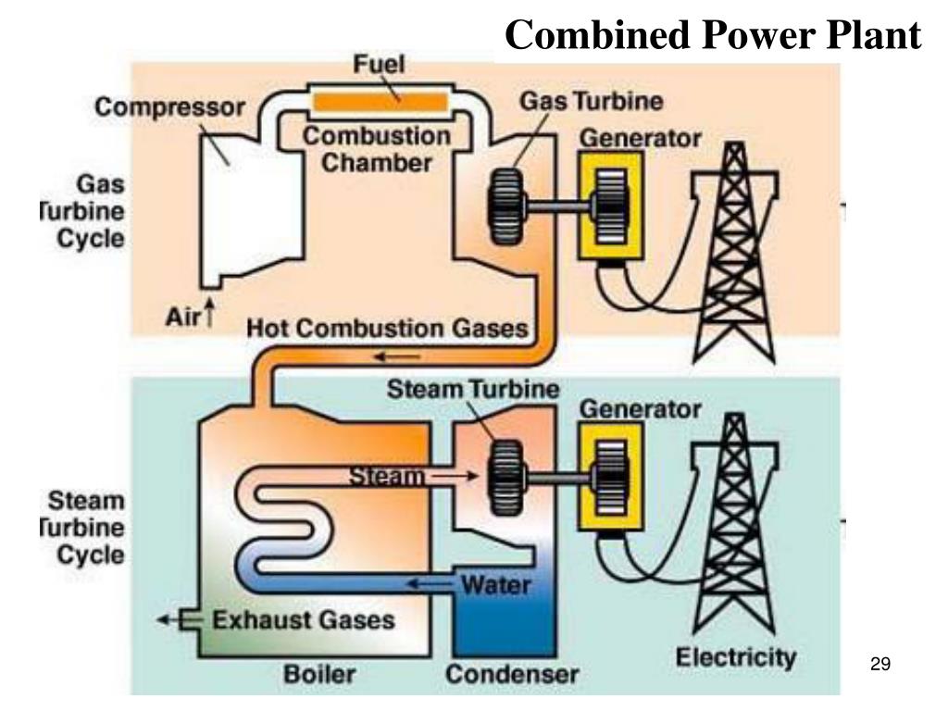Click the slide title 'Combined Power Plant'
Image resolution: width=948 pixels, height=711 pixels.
click(713, 36)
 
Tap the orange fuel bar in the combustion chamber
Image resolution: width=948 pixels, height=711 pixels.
click(381, 100)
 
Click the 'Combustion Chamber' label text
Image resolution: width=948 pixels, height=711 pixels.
click(378, 150)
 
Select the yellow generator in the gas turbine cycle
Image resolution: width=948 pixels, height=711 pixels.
click(611, 206)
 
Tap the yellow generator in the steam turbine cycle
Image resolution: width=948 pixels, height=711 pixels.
click(611, 476)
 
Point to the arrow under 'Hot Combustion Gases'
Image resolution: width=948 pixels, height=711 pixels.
click(396, 357)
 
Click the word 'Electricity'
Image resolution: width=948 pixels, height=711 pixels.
click(735, 658)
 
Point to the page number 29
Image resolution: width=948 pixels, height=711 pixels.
click(879, 664)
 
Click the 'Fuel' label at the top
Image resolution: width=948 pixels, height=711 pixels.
click(379, 67)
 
